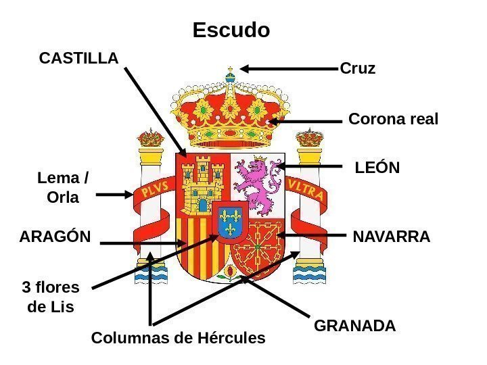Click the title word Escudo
(231, 30)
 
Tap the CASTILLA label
(78, 59)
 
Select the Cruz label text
(357, 69)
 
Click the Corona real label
(393, 120)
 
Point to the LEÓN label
(377, 167)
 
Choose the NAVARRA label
(391, 237)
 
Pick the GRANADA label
(355, 326)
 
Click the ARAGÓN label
(55, 237)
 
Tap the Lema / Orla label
(62, 189)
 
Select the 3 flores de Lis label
(51, 297)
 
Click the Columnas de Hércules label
(178, 337)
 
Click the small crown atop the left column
(151, 139)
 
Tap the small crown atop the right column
(310, 138)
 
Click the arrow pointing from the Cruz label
(287, 68)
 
